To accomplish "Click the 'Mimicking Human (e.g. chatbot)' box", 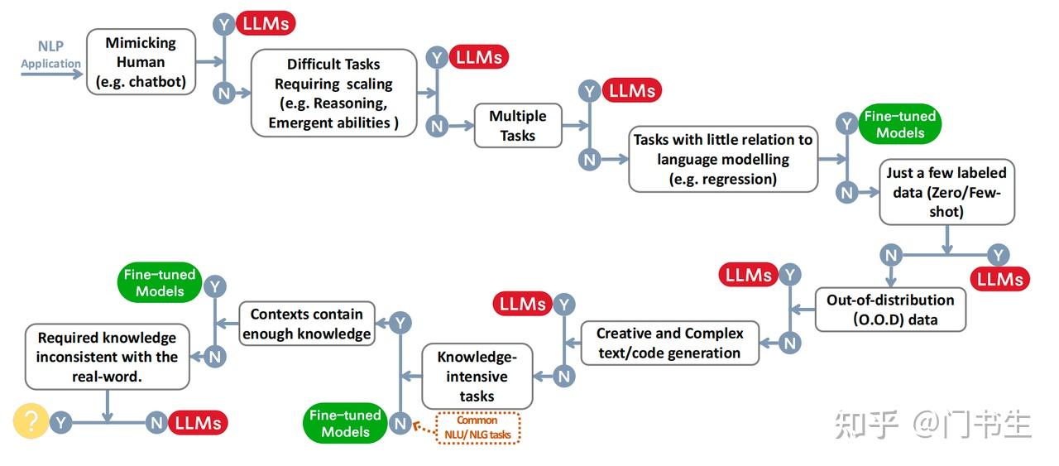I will (x=141, y=62).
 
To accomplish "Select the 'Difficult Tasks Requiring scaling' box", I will (x=333, y=93).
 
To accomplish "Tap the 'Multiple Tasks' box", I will (x=518, y=126).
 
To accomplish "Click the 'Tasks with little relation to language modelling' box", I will (x=722, y=159).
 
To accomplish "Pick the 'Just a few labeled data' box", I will (x=946, y=192).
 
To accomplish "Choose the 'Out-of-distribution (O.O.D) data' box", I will (x=890, y=310).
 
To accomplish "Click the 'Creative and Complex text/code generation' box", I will (x=669, y=343).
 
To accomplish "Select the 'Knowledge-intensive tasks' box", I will (x=477, y=377).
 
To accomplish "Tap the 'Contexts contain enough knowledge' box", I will (x=306, y=324).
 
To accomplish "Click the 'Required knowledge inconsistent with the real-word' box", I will (x=107, y=357).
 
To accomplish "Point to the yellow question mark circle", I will (x=31, y=422).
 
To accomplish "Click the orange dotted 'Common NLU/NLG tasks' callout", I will (x=477, y=428).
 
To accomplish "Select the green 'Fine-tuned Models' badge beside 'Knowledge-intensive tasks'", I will (x=345, y=423).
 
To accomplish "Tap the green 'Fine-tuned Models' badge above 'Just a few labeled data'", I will (x=900, y=124).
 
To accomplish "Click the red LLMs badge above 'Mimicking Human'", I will (x=266, y=23).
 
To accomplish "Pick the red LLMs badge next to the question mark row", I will (x=198, y=423).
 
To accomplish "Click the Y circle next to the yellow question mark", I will (x=60, y=423).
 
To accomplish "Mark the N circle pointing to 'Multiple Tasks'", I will (x=437, y=126).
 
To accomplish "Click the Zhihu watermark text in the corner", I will (x=933, y=424).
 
